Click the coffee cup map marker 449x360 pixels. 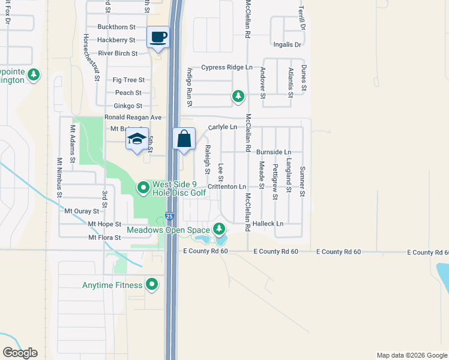click(x=158, y=38)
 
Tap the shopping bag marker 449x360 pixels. click(x=184, y=139)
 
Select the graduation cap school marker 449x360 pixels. click(x=137, y=139)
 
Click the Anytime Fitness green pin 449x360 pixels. click(x=153, y=284)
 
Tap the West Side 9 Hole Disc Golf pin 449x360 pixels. click(x=143, y=188)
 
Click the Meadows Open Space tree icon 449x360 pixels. click(x=219, y=229)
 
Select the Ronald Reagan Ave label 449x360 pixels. click(x=133, y=118)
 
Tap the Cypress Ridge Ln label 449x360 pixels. click(x=227, y=68)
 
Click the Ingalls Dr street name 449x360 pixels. click(x=287, y=45)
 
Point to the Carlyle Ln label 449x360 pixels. click(x=223, y=128)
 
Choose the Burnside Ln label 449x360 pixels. click(x=274, y=152)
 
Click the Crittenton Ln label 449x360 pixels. click(x=228, y=187)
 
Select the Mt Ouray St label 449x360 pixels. click(x=82, y=211)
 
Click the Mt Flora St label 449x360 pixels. click(x=104, y=238)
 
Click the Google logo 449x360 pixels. click(x=20, y=353)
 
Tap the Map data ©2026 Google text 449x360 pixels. click(x=411, y=355)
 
